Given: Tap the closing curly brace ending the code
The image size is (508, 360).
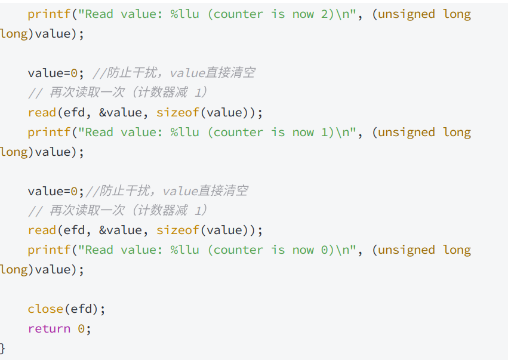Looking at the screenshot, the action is (3, 347).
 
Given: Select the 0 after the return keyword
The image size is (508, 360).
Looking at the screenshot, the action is (81, 328).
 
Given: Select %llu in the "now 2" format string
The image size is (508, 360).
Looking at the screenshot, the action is (185, 14).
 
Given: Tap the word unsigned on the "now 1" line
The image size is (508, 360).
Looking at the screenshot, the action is (407, 132).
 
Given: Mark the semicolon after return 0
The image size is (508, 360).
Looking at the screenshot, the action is (88, 328).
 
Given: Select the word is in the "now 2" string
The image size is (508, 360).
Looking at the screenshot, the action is (278, 14).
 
